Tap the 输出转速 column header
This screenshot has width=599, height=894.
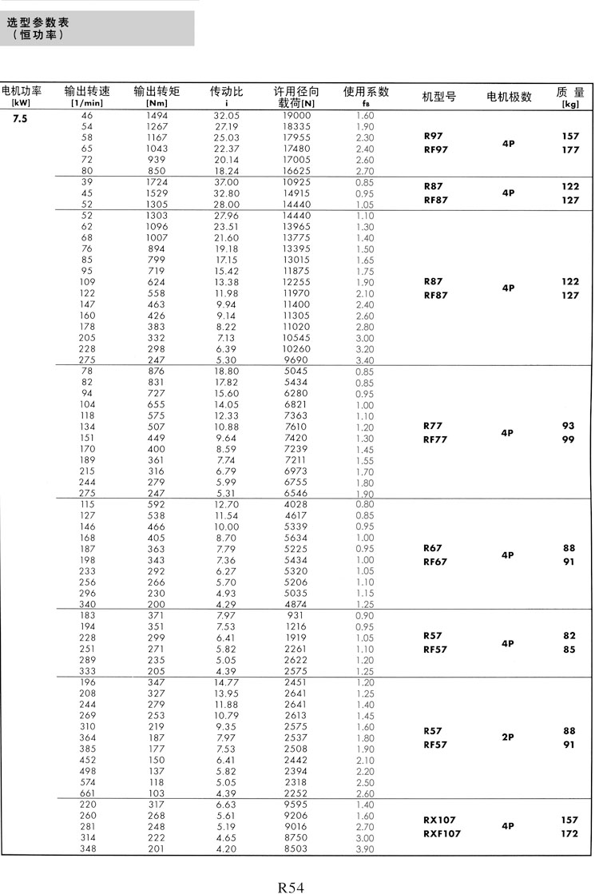point(88,92)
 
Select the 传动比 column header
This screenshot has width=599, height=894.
point(227,92)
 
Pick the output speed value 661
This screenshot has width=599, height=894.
point(88,793)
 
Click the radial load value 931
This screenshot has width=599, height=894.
point(296,616)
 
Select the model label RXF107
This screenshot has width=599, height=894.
point(442,833)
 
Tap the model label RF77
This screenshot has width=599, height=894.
point(435,439)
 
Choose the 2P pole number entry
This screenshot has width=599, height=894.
point(508,737)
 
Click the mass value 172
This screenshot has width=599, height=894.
point(569,833)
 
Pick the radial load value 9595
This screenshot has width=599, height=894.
point(296,804)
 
